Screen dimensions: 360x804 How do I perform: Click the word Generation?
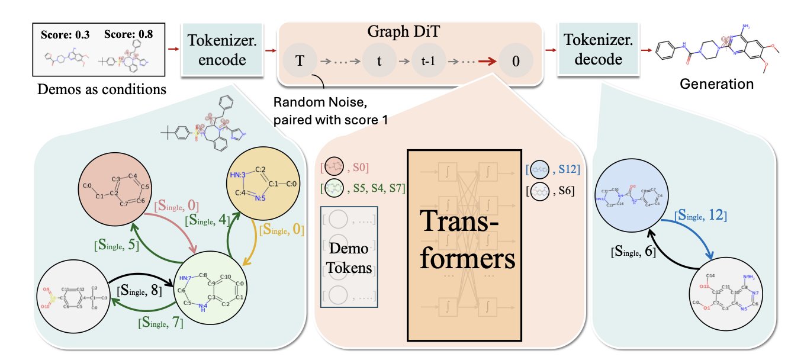(x=724, y=83)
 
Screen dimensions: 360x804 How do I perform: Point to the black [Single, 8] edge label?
(x=137, y=290)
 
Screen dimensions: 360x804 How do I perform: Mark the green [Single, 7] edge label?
(x=159, y=323)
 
